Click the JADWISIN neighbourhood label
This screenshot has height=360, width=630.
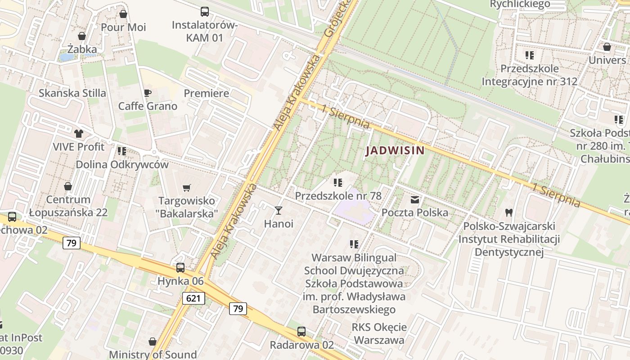point(395,151)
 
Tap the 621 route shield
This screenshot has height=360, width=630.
point(194,298)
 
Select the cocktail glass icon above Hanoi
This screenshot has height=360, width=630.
point(279,210)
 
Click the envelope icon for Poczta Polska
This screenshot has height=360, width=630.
point(414,199)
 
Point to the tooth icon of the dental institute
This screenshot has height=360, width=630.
point(509,212)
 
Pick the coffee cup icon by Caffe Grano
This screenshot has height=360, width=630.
point(147,93)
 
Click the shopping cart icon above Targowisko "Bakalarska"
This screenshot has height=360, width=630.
point(186,188)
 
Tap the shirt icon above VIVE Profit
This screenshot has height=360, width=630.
point(79,133)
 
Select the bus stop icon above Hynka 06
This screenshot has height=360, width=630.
point(180,268)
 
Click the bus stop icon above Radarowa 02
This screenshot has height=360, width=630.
point(301,332)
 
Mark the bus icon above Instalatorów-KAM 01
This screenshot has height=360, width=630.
point(205,12)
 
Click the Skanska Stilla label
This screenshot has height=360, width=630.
point(72,93)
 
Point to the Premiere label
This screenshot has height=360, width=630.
point(207,93)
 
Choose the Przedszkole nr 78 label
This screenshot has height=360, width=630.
point(338,196)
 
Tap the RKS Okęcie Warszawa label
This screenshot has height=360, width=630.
point(379,333)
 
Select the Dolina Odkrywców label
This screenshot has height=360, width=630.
point(122,164)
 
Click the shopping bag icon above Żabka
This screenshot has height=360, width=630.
point(82,36)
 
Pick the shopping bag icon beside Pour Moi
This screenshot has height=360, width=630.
point(123,14)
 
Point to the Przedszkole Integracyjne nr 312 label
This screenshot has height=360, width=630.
point(529,75)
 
